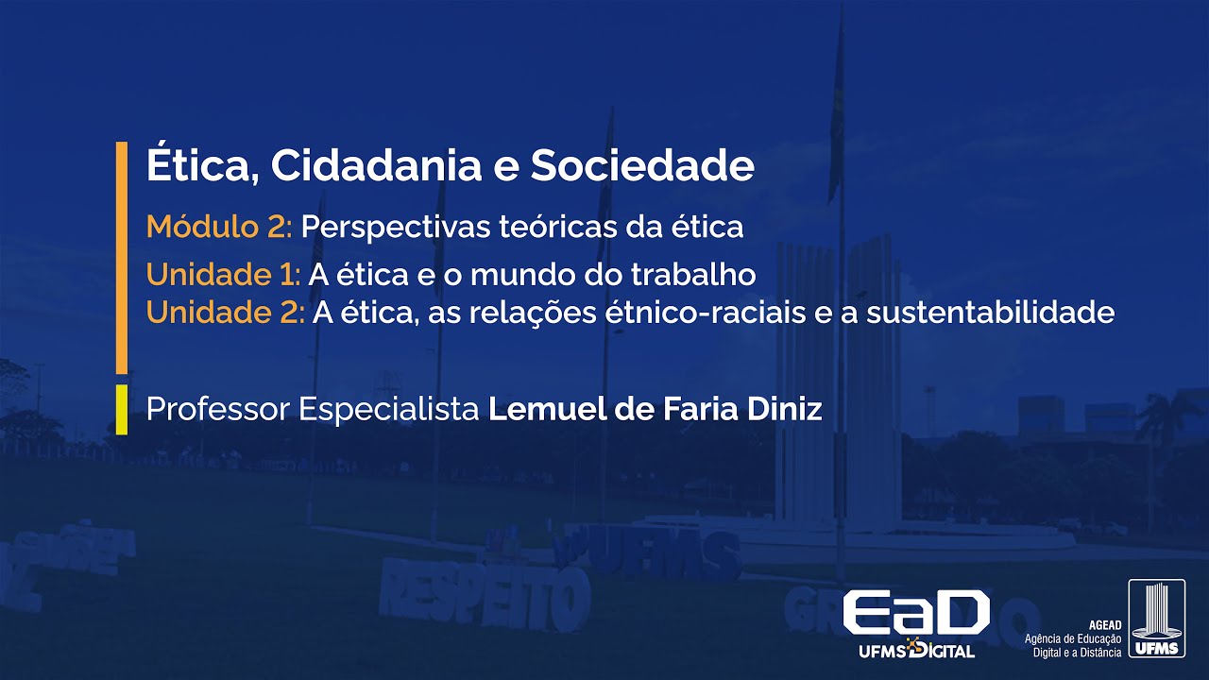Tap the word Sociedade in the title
point(641,166)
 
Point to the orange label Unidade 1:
point(223,275)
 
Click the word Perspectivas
point(389,228)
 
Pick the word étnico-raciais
point(700,313)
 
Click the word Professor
point(218,410)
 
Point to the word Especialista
point(389,410)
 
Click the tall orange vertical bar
point(121,257)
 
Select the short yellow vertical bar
point(121,409)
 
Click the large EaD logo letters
point(915,614)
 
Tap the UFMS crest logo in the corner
point(1156,619)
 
